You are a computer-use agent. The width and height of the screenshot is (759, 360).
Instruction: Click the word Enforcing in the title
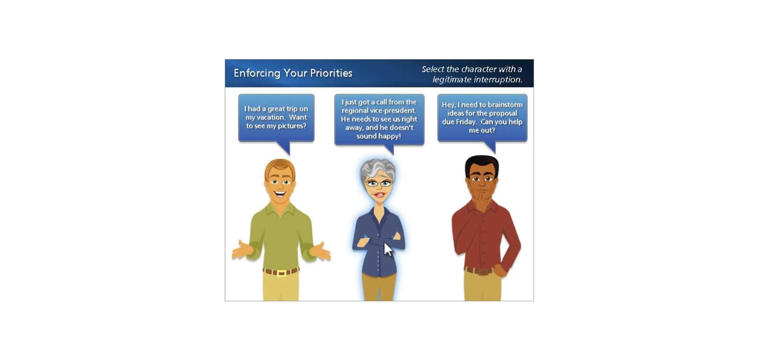[x=257, y=74]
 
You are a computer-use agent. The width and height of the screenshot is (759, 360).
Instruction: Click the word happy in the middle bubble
[x=391, y=136]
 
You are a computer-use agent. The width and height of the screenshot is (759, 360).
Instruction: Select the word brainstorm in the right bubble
[x=505, y=105]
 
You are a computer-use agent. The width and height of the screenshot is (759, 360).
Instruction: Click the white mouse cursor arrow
[x=388, y=250]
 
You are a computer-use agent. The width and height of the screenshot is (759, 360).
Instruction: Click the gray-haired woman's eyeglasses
[x=379, y=183]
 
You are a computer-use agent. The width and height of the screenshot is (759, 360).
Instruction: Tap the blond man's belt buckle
[x=281, y=273]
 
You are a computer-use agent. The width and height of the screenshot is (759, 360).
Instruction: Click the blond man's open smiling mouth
[x=280, y=194]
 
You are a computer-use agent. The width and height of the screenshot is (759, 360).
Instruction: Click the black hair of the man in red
[x=482, y=164]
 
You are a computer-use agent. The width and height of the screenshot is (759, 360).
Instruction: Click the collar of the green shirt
[x=281, y=209]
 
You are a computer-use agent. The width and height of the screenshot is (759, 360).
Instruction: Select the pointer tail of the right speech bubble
[x=490, y=147]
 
